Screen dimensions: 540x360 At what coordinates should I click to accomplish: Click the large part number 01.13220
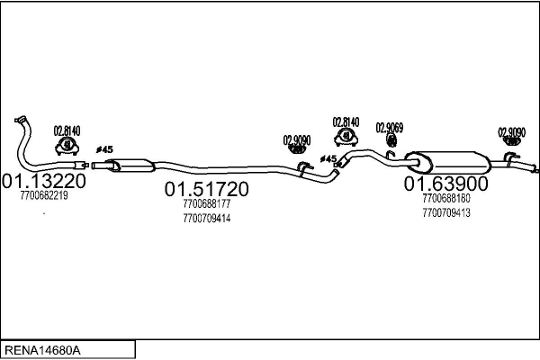[x=44, y=181]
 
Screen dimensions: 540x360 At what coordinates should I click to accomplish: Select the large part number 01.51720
[x=207, y=189]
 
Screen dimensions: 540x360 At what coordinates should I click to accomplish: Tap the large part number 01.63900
[x=446, y=184]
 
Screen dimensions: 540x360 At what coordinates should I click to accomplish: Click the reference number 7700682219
[x=44, y=195]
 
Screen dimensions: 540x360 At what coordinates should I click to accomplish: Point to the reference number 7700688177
[x=207, y=204]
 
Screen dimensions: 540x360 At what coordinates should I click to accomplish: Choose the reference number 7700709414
[x=207, y=219]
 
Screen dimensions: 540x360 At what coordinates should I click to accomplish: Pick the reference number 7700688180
[x=446, y=198]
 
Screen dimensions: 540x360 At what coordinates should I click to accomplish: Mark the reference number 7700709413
[x=446, y=213]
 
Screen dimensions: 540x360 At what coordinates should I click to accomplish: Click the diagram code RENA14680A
[x=42, y=350]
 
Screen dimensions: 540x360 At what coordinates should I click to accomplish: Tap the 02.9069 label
[x=390, y=128]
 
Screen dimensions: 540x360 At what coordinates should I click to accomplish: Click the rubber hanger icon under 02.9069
[x=391, y=140]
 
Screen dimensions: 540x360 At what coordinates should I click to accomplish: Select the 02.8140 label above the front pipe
[x=67, y=130]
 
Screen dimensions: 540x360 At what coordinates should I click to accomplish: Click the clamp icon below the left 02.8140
[x=67, y=146]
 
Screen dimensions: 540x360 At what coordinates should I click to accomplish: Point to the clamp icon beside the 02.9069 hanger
[x=346, y=137]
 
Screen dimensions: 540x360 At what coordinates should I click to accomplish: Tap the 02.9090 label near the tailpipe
[x=512, y=132]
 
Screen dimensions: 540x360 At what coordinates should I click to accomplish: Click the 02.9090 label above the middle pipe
[x=297, y=140]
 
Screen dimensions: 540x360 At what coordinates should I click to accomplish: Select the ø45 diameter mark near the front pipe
[x=104, y=149]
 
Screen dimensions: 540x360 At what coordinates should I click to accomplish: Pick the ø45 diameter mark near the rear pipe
[x=328, y=158]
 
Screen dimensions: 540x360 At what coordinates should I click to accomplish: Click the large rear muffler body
[x=447, y=162]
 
